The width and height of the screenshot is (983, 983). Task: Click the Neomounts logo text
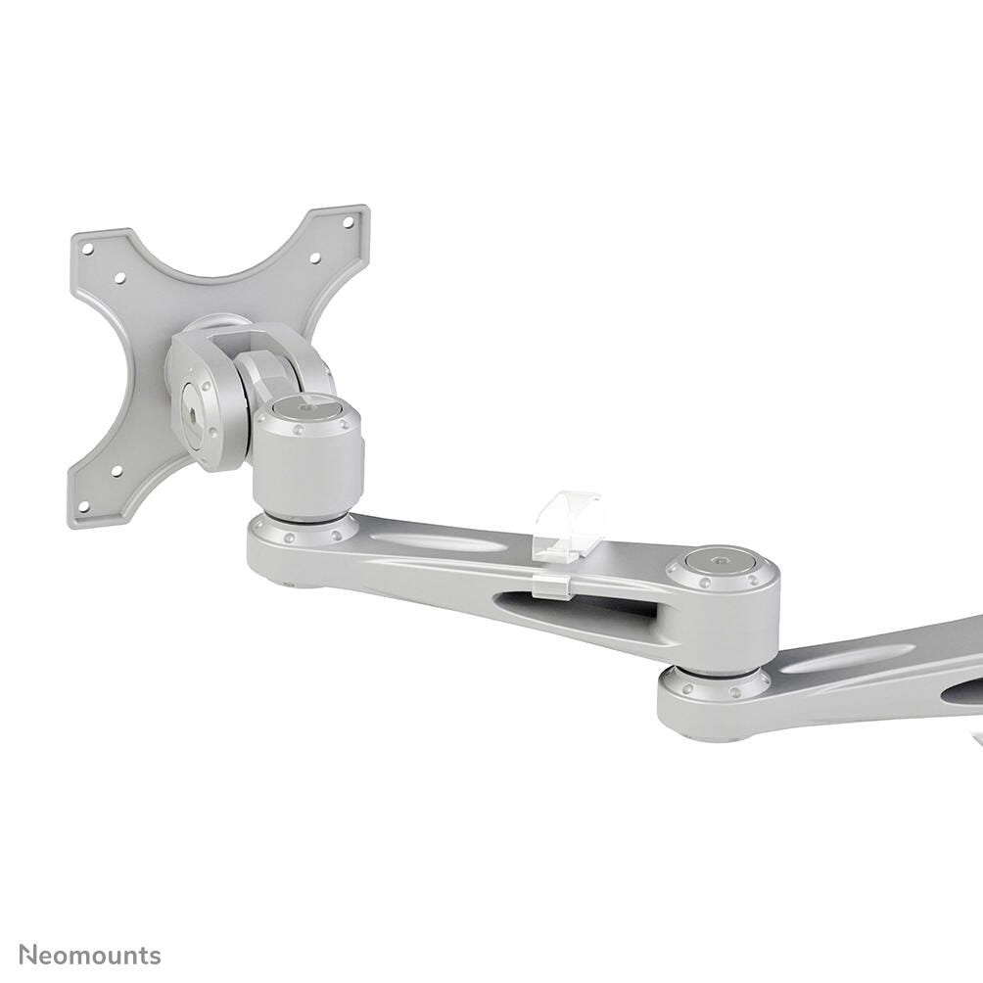[90, 956]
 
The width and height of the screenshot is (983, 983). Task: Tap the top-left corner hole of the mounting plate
[88, 249]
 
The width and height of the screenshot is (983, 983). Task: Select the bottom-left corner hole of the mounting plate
[83, 507]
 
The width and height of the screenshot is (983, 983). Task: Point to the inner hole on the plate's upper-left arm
[119, 278]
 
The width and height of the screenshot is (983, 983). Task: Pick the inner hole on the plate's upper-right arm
[314, 257]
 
